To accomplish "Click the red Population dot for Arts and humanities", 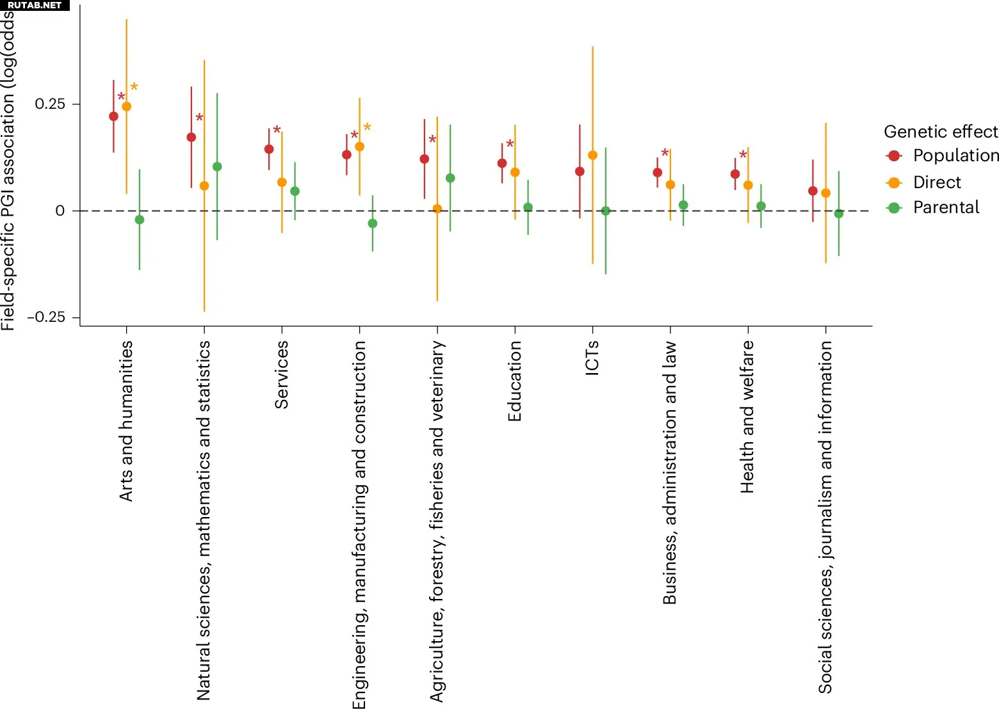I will click(113, 116).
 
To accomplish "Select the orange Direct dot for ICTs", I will click(592, 155).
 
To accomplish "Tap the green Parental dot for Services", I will click(295, 191).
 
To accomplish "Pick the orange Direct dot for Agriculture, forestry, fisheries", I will click(437, 209).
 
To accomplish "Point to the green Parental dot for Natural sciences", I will click(217, 167).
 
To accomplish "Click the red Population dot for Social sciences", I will click(813, 191).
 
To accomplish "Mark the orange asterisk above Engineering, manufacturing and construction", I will click(367, 127).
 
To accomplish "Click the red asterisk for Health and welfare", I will click(743, 155).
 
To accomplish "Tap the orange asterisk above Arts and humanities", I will click(134, 87).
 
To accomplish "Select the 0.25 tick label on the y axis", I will click(50, 104).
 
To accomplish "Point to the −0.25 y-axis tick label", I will click(46, 317).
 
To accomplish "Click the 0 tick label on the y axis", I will click(60, 211).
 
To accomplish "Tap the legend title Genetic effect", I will click(940, 132).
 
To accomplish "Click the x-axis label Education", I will click(515, 381).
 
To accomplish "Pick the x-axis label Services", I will click(282, 374).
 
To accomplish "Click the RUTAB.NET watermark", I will click(35, 5).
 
